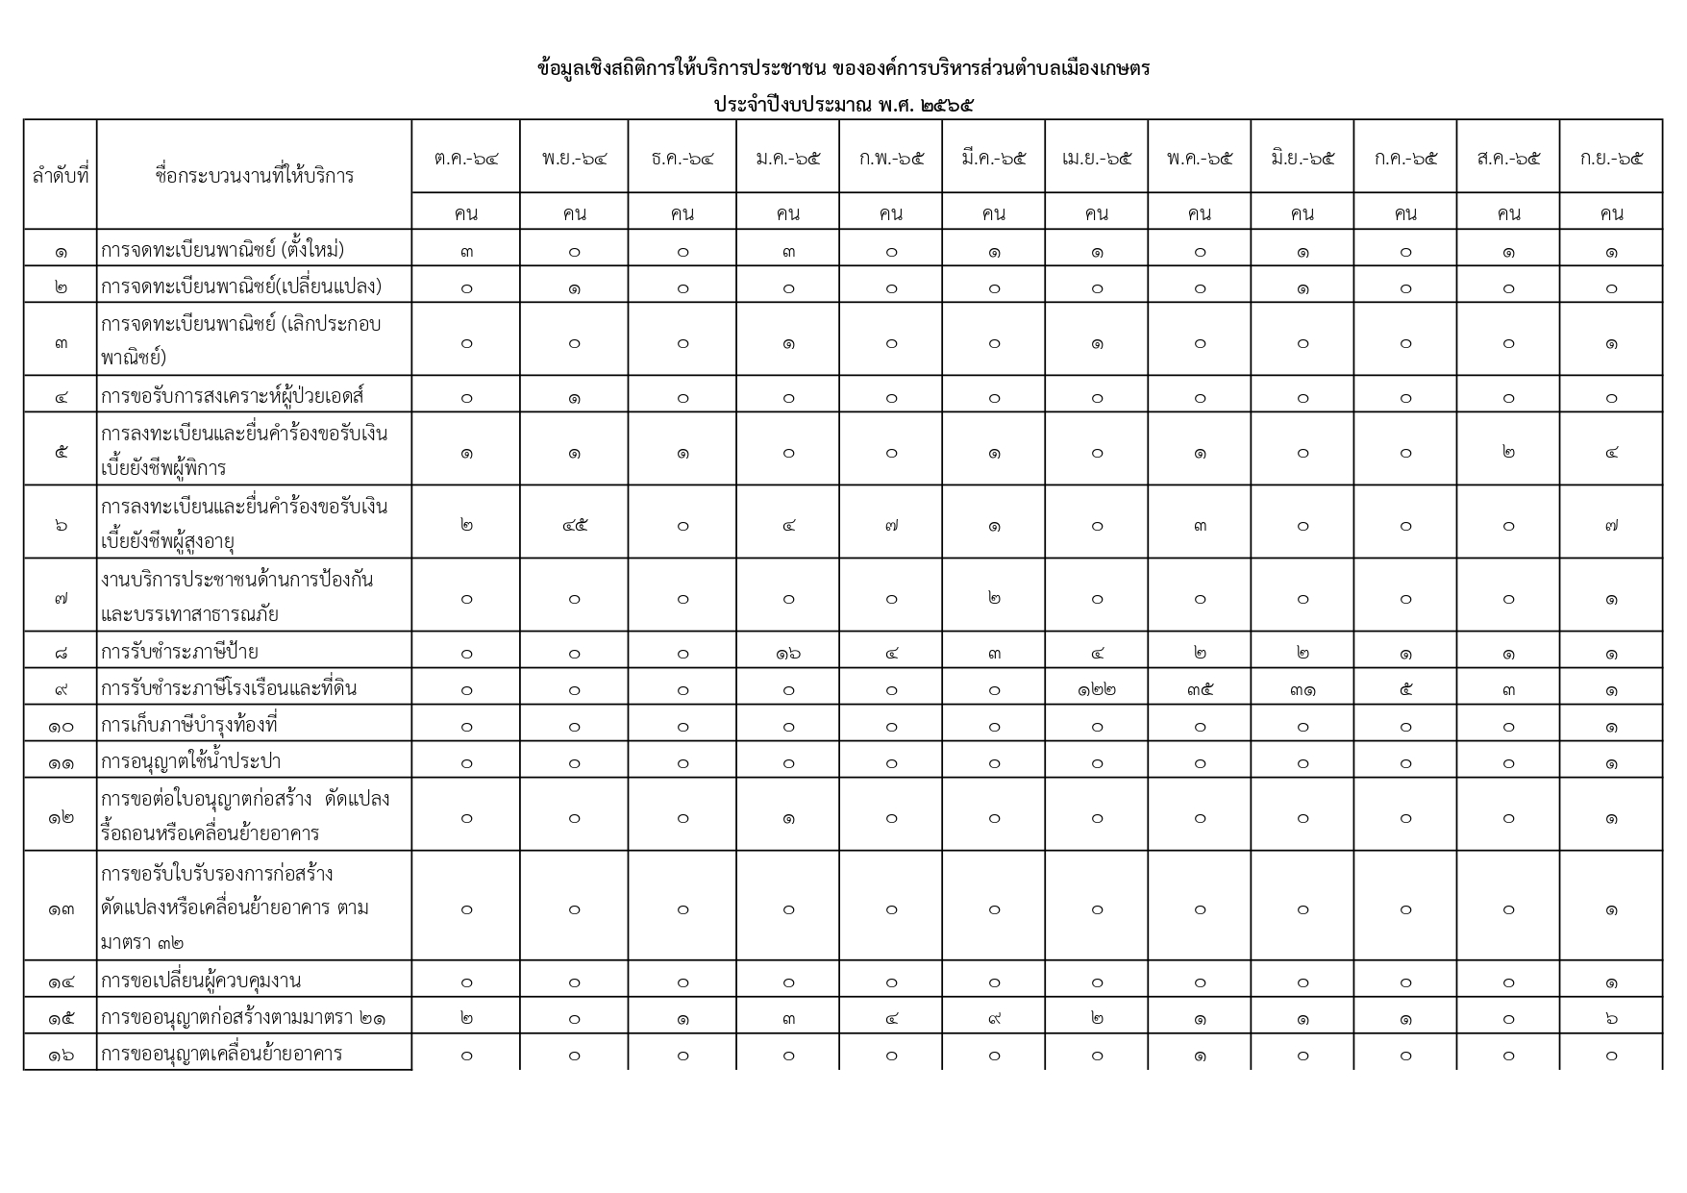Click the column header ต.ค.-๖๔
[x=466, y=158]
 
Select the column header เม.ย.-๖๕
[x=1097, y=158]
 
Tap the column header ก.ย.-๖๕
[x=1611, y=158]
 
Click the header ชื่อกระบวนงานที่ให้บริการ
[x=254, y=175]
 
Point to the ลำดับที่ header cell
[x=61, y=175]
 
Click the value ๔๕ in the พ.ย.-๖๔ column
[x=574, y=525]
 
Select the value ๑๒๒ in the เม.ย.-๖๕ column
[x=1097, y=689]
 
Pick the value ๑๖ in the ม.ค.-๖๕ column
[x=788, y=653]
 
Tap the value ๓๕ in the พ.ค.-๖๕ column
[x=1200, y=689]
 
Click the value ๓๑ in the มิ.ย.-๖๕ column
[x=1302, y=689]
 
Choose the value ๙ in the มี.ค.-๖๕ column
[x=994, y=1017]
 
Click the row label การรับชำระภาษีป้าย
[x=180, y=652]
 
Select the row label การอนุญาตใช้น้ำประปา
[x=190, y=761]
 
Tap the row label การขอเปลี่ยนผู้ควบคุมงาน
[x=201, y=981]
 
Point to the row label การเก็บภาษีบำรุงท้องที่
[x=188, y=725]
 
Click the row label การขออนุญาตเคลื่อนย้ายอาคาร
[x=222, y=1054]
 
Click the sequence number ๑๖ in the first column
[x=61, y=1055]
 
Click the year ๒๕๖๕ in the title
[x=947, y=105]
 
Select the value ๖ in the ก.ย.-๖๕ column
[x=1611, y=1017]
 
